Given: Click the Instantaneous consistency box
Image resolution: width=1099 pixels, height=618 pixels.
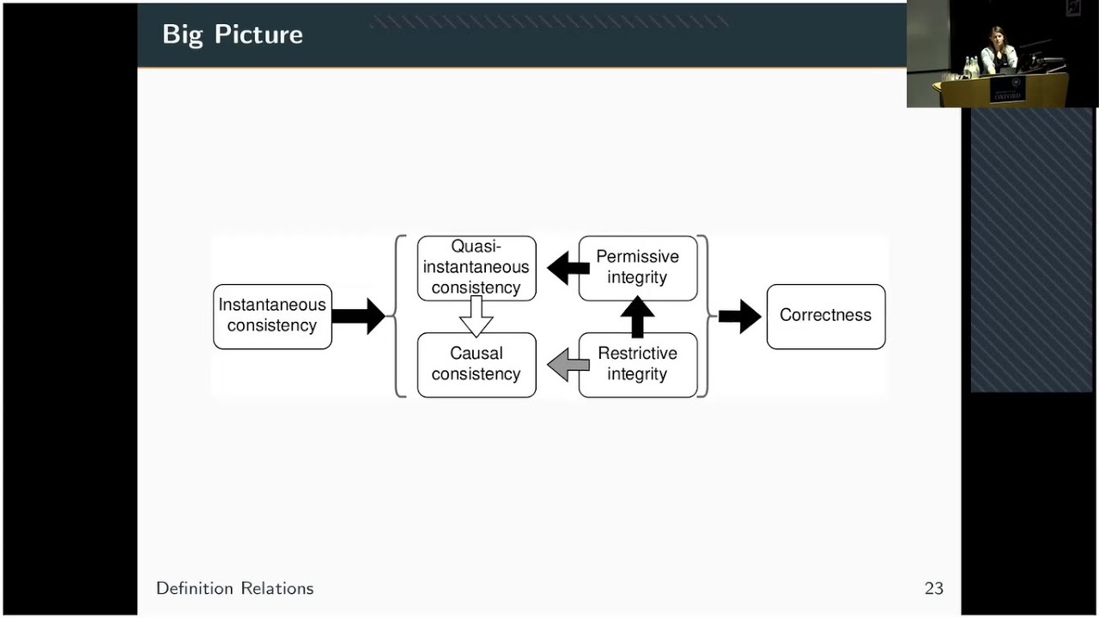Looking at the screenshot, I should tap(272, 316).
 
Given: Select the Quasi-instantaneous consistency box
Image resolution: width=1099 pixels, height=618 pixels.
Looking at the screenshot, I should tap(477, 268).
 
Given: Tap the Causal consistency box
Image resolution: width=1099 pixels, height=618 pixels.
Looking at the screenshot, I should tap(477, 364).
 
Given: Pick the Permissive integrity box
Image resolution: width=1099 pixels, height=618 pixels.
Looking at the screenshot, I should tap(637, 268).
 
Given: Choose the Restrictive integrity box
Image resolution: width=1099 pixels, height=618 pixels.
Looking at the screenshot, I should tap(637, 364).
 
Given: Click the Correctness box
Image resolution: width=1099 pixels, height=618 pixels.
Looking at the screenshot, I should tap(825, 316).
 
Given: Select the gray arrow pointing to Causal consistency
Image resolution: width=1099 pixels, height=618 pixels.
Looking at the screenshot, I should tap(568, 365).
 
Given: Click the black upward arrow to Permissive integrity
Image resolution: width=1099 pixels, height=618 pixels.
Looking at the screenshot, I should tap(637, 317).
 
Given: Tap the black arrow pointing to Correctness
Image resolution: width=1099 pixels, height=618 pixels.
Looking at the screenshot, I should tap(739, 317).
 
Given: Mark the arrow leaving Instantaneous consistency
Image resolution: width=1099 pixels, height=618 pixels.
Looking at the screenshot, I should tap(358, 317).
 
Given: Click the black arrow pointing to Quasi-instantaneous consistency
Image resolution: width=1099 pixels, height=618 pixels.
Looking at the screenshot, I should tap(568, 269).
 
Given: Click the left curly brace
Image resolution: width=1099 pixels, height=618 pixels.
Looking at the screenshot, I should tap(398, 316).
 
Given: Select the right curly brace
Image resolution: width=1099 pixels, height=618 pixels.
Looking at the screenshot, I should tap(704, 316).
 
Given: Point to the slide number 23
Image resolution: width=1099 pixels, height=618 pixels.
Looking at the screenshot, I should tap(933, 589).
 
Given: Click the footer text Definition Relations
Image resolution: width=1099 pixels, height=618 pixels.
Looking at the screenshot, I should tap(234, 589).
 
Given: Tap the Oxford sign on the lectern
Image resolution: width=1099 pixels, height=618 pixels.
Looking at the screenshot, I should tap(1007, 90).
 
